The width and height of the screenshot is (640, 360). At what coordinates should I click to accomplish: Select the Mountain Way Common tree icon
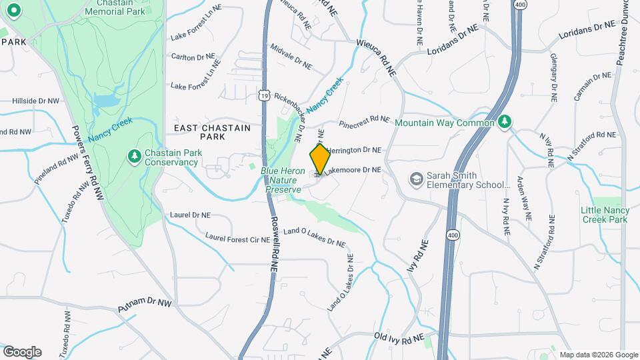click(505, 121)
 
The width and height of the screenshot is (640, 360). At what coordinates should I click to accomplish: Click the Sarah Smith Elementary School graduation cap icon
click(417, 179)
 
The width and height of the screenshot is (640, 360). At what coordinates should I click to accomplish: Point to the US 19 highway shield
click(265, 97)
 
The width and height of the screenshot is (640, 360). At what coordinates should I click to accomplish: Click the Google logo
click(22, 352)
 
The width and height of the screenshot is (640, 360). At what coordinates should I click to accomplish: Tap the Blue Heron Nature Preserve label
click(283, 180)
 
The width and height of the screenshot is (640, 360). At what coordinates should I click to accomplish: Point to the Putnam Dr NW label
click(145, 306)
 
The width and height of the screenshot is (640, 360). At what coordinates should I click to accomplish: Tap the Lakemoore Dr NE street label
click(353, 170)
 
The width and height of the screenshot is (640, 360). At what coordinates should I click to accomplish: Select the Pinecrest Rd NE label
click(364, 121)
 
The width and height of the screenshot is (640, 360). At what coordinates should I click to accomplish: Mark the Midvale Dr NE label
click(291, 57)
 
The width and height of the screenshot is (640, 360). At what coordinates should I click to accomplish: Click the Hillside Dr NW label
click(35, 101)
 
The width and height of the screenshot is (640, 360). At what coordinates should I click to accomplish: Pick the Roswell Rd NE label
click(274, 243)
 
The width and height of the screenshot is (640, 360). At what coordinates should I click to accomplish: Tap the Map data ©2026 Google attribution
click(598, 355)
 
